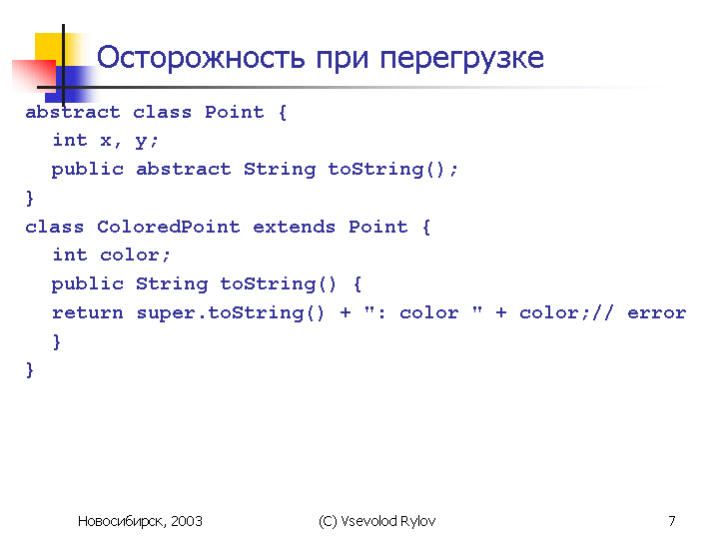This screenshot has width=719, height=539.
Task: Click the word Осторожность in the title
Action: tap(201, 58)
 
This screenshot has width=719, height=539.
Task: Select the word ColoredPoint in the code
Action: tap(169, 227)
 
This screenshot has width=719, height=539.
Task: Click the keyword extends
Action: tap(294, 227)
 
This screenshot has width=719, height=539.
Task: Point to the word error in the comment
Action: tap(657, 313)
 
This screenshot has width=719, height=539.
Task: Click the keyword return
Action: tap(87, 313)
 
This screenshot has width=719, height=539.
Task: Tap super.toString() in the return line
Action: tap(231, 313)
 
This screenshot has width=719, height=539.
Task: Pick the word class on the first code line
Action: tap(162, 112)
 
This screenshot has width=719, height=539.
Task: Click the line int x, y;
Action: tap(105, 141)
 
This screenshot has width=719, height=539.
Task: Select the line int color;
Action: tap(111, 255)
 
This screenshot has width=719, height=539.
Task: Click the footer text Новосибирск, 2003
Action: tap(140, 521)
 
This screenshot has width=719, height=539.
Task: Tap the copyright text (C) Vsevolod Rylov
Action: tap(376, 521)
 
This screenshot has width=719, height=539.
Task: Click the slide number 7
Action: tap(672, 521)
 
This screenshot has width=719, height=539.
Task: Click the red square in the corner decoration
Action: tap(34, 75)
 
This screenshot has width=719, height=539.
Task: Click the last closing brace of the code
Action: tap(30, 370)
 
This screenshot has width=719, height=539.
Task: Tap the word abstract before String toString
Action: tap(184, 169)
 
